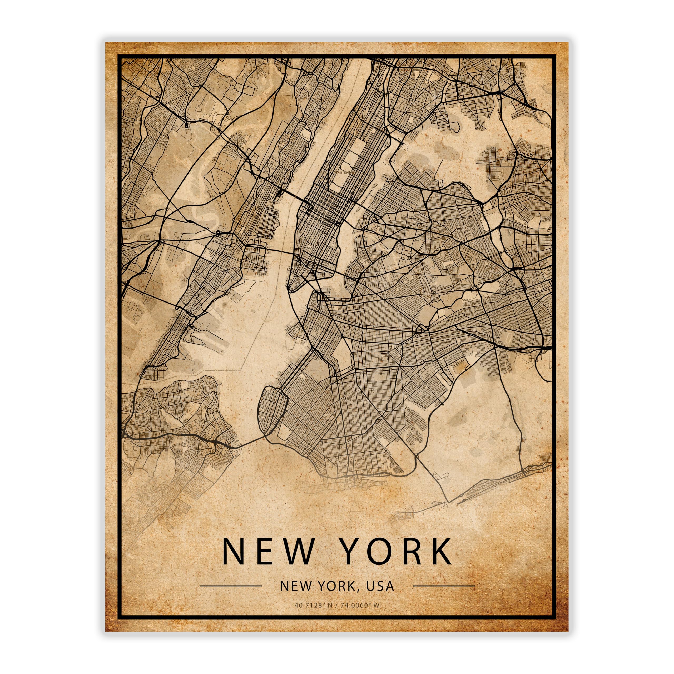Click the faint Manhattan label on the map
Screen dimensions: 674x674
pos(344,172)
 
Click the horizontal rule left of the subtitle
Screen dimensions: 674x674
pos(230,586)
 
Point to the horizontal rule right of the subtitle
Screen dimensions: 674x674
pos(444,586)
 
